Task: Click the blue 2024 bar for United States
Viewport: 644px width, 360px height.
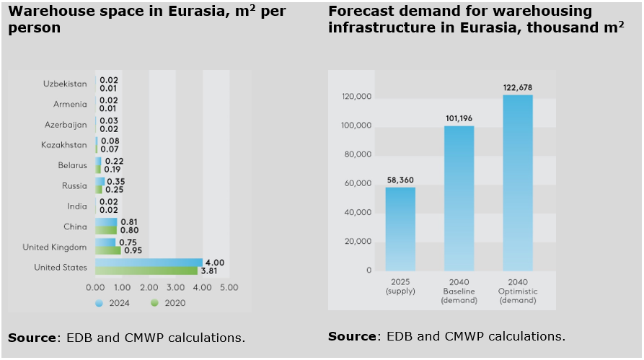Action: (x=149, y=263)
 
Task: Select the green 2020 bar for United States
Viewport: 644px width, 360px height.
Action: (x=146, y=271)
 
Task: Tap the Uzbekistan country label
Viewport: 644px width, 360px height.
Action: (x=66, y=84)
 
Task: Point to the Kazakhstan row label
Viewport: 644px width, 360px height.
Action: (x=65, y=145)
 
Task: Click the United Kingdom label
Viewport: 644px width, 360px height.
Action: (x=55, y=247)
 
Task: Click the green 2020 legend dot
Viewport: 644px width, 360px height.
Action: (x=154, y=303)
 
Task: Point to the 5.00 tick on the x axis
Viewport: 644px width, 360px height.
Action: (x=229, y=287)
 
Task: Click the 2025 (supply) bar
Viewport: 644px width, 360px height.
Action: (x=400, y=229)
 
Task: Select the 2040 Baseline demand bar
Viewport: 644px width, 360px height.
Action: (x=459, y=198)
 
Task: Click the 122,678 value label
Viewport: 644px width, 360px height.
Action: (x=518, y=88)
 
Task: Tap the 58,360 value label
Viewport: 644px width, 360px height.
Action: (x=400, y=180)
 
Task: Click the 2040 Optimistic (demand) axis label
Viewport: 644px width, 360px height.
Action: (x=518, y=290)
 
